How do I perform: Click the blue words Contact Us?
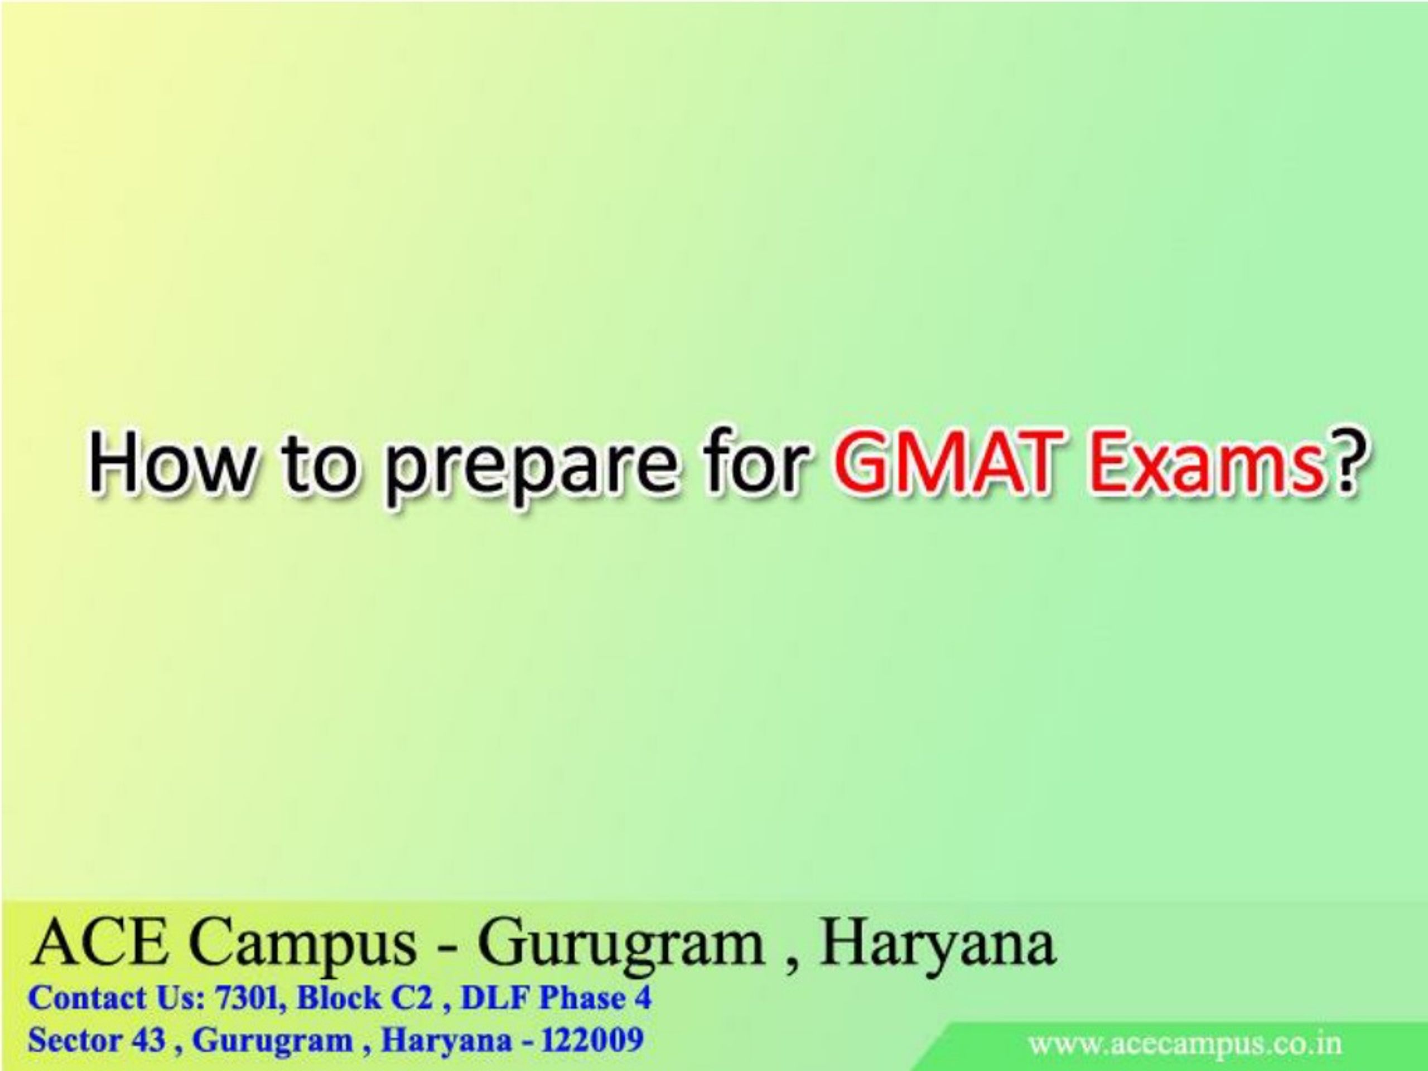pos(116,998)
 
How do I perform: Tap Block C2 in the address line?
pos(365,998)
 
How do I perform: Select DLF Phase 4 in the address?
pos(556,998)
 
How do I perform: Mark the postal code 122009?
pos(592,1040)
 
